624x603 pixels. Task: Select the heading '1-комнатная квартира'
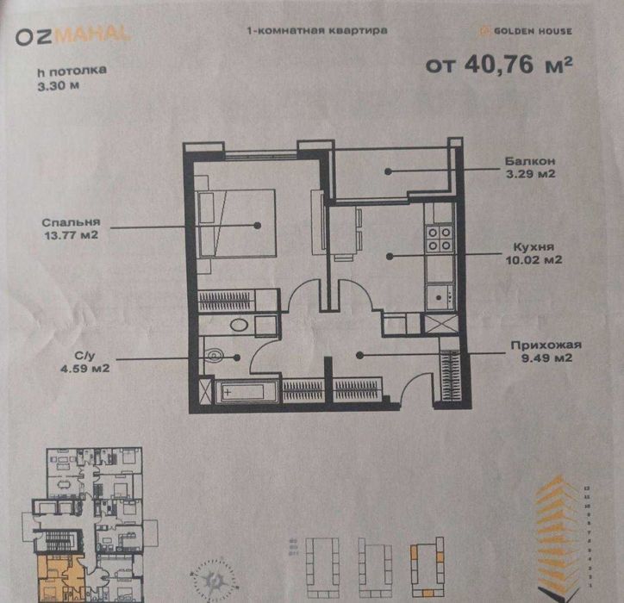click(316, 30)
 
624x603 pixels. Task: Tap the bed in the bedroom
click(236, 222)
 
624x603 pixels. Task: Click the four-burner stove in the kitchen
click(438, 237)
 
